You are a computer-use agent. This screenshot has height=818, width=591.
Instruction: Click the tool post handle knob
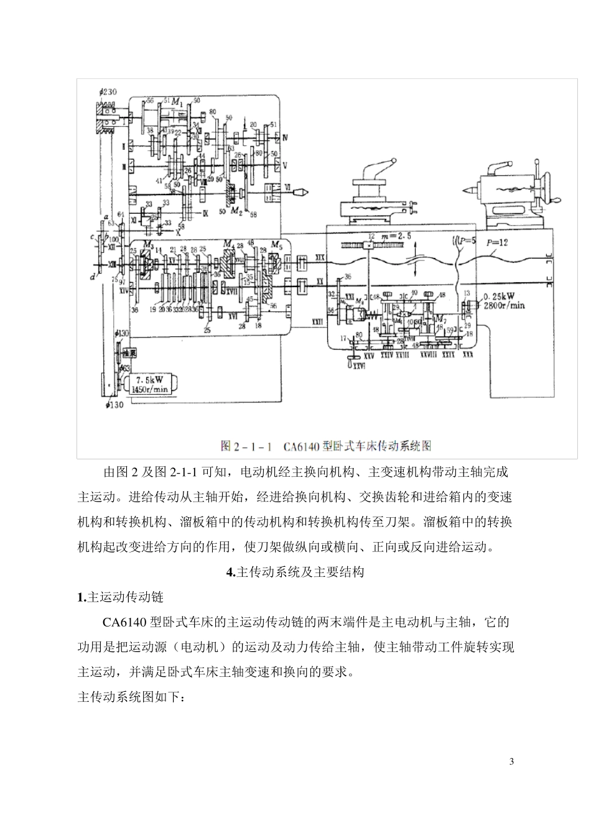(x=393, y=163)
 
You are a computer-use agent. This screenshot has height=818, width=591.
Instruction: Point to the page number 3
(x=511, y=762)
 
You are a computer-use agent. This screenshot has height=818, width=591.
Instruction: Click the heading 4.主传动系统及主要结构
(x=295, y=572)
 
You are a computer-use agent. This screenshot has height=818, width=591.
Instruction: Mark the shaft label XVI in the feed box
(x=233, y=316)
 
